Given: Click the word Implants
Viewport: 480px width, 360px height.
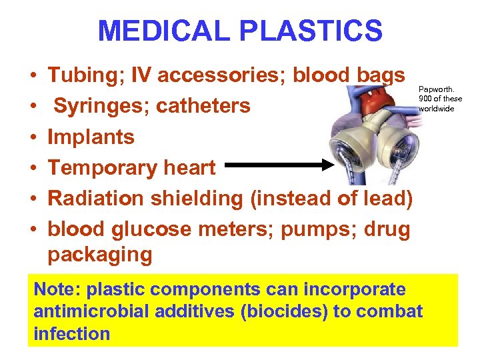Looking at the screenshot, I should tap(91, 137).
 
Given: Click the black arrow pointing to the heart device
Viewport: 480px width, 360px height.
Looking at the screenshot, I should tap(280, 164).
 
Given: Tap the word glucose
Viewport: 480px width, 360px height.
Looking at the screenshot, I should tap(156, 229).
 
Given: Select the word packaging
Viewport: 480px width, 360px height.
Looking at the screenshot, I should tap(100, 255).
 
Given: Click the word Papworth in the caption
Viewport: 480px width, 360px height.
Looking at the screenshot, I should tap(434, 87).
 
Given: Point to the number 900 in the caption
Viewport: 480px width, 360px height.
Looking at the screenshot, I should tap(427, 99).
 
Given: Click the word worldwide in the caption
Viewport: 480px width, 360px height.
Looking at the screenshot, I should tap(437, 109).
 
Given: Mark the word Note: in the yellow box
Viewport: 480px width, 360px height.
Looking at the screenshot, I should tap(57, 290).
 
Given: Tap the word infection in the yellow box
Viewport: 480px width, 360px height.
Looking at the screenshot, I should tap(72, 333).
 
